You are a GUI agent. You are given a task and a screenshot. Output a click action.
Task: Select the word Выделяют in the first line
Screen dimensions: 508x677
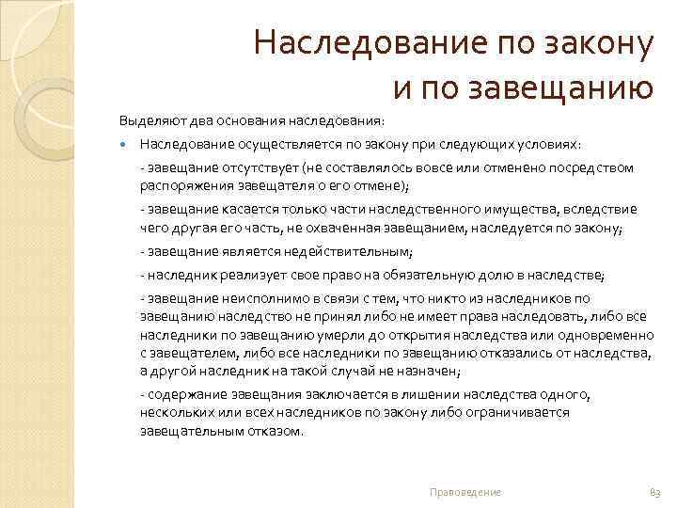pos(147,121)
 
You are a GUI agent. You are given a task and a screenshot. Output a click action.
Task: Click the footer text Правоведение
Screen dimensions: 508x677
pos(464,492)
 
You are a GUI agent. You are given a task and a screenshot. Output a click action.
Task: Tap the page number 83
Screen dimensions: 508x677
pos(655,492)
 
